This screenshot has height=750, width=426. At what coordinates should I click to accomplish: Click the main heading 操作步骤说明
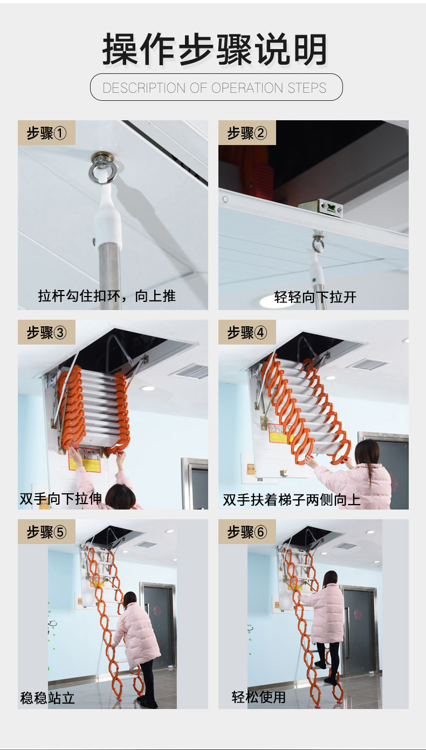[x=215, y=50]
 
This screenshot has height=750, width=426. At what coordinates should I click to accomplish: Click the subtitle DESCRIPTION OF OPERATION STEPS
[x=215, y=88]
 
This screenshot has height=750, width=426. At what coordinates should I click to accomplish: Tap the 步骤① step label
[x=46, y=133]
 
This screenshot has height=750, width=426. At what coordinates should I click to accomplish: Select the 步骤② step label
[x=247, y=133]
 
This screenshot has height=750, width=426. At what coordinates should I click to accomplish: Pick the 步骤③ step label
[x=46, y=333]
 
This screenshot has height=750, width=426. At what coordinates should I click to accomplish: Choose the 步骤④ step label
[x=247, y=333]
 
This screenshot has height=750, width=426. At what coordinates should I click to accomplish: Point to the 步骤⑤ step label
[x=46, y=532]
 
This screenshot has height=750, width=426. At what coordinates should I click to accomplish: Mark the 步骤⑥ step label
[x=247, y=532]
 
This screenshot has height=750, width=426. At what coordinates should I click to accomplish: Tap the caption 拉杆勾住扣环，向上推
[x=107, y=295]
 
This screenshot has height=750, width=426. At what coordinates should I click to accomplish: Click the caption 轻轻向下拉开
[x=315, y=297]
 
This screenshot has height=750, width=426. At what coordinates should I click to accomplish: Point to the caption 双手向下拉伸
[x=60, y=499]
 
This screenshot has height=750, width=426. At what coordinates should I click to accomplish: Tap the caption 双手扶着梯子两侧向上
[x=292, y=500]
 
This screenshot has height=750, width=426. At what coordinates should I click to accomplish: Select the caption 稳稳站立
[x=47, y=698]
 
